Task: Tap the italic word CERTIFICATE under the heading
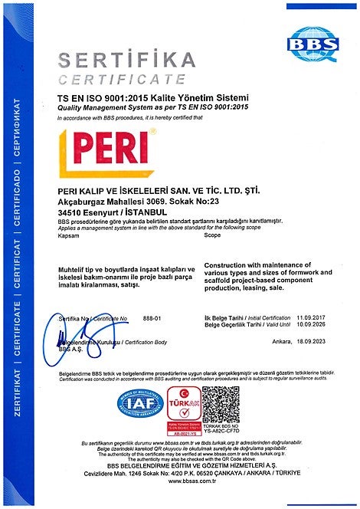(123, 80)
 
